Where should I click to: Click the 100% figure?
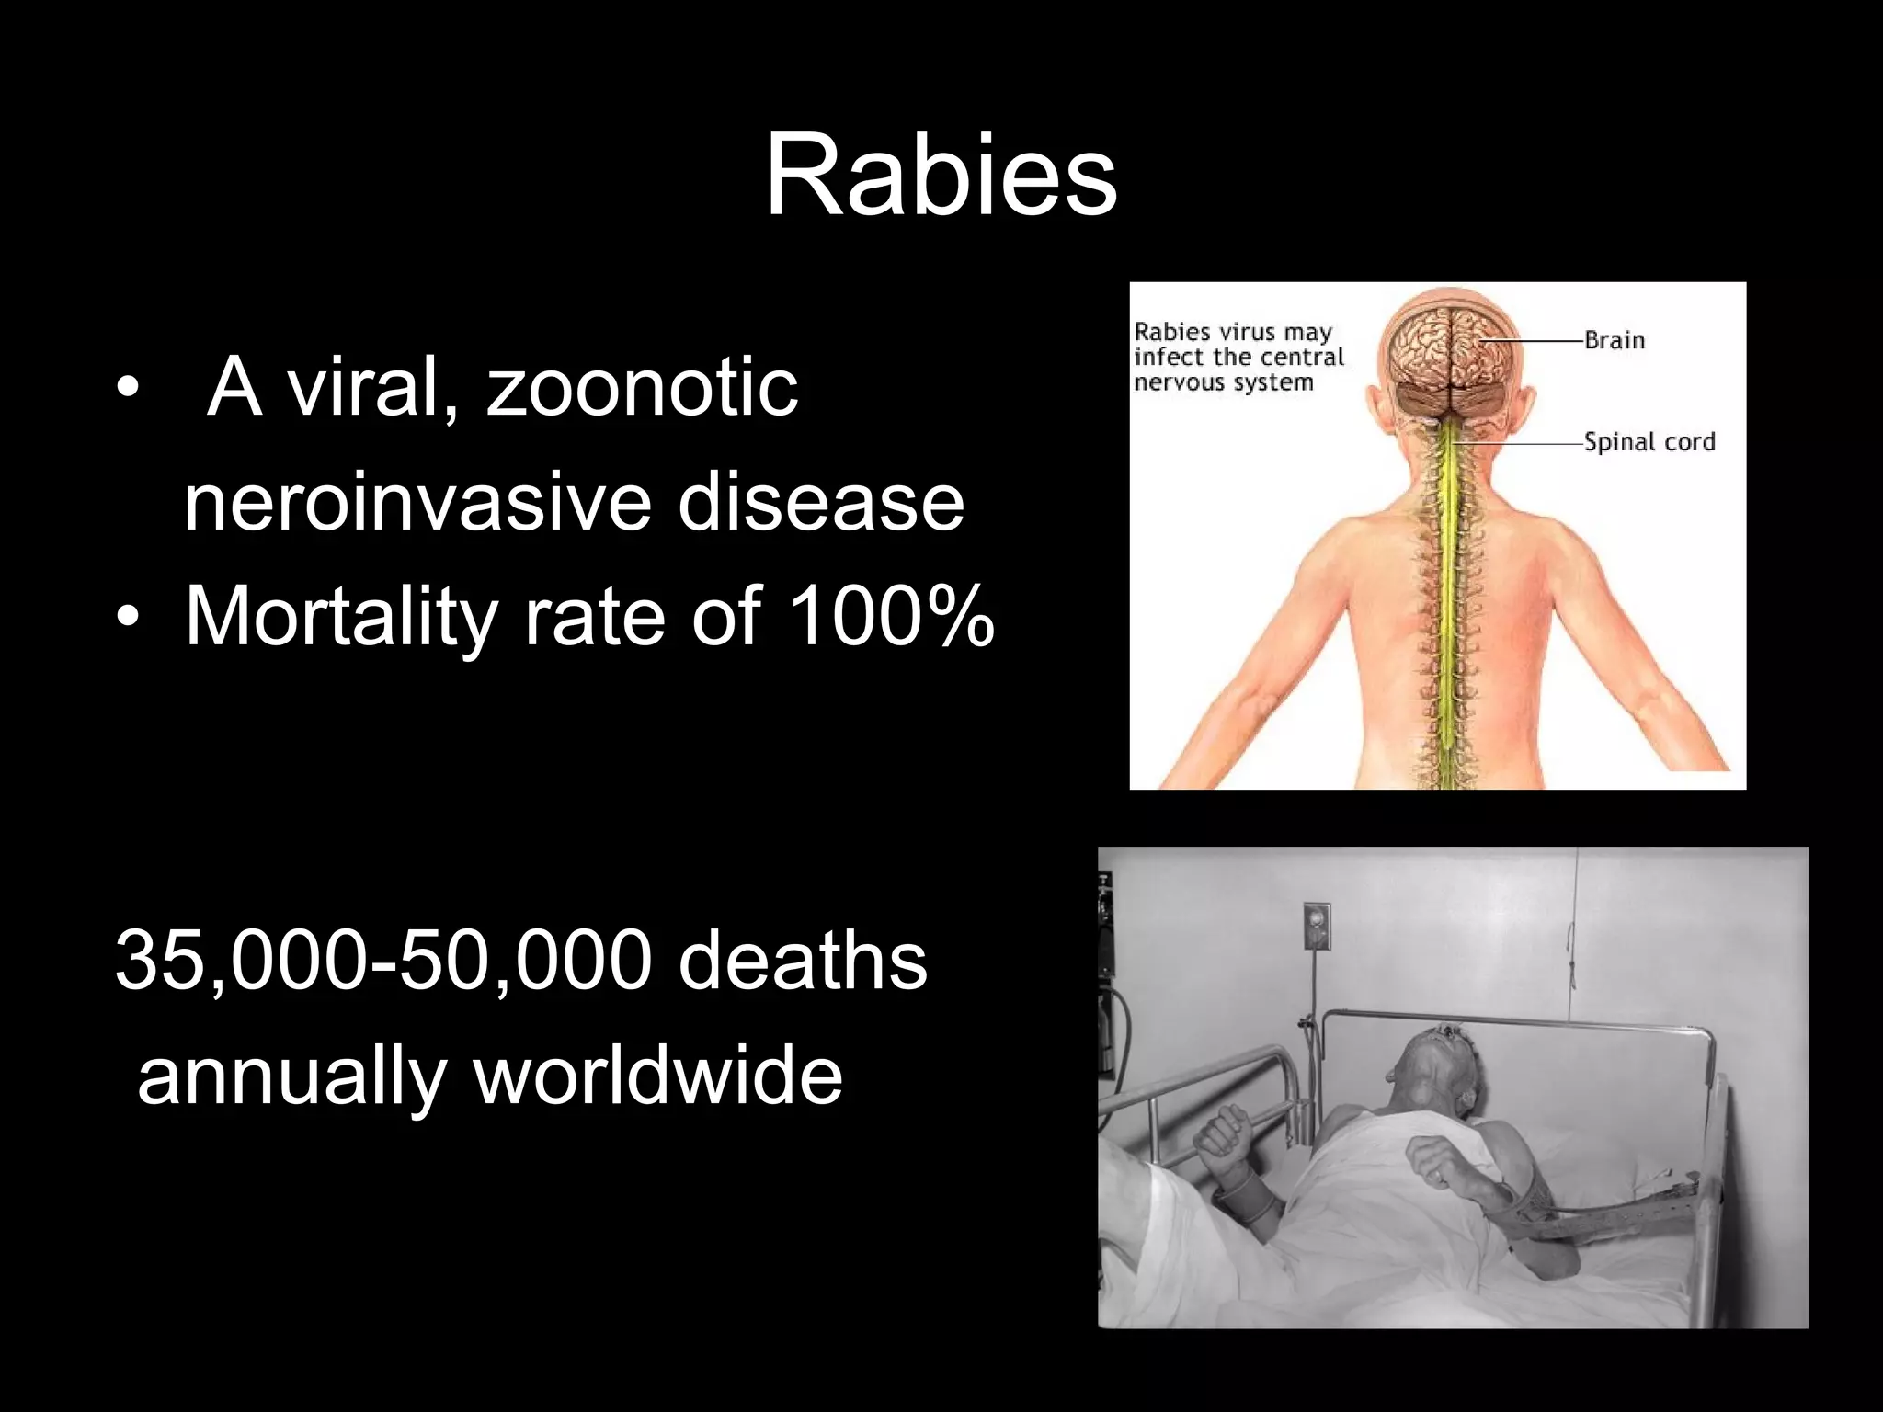click(x=891, y=616)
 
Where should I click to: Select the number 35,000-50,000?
click(x=383, y=962)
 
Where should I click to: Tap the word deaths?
click(x=803, y=962)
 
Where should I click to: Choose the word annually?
click(x=292, y=1077)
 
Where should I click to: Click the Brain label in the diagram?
click(x=1614, y=340)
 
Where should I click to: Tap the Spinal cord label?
click(x=1649, y=442)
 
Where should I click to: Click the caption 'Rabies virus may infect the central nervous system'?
click(x=1238, y=357)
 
